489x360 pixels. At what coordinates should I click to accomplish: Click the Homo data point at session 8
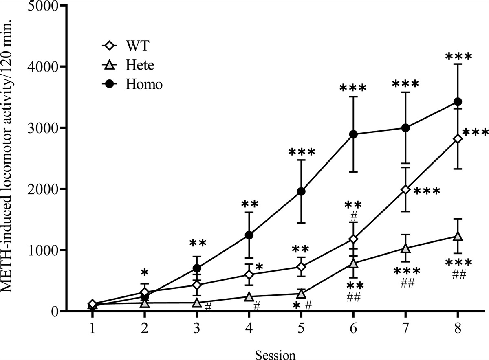coord(458,101)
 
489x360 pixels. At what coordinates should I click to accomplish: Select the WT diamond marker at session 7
coord(405,189)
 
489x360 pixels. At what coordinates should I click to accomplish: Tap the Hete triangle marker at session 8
coord(458,236)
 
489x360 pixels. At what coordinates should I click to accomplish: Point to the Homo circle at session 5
coord(301,191)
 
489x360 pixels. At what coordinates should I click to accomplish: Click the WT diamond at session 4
coord(249,274)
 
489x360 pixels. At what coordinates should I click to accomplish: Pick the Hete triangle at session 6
coord(353,263)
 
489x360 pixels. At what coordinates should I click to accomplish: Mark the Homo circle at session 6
coord(353,134)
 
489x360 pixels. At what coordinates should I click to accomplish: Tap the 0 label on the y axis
coord(55,312)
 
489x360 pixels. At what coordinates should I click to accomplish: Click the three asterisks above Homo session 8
coord(458,57)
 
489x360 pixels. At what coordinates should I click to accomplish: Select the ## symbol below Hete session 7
coord(405,284)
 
